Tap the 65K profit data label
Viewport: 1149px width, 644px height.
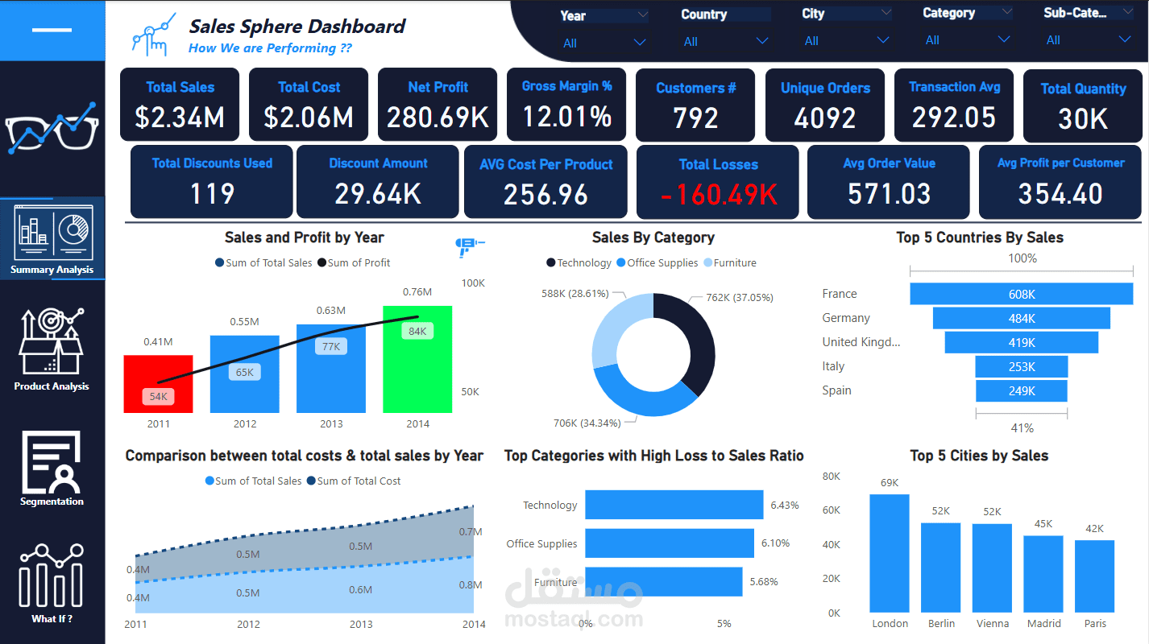(x=245, y=372)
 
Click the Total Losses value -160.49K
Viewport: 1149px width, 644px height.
(x=719, y=194)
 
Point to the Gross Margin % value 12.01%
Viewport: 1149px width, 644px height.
(x=566, y=118)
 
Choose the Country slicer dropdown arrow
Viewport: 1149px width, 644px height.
(x=761, y=41)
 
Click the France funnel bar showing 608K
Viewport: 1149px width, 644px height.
(x=1021, y=294)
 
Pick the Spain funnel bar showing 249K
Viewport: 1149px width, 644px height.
(x=1021, y=391)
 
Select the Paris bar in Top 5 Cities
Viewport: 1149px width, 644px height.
(x=1094, y=576)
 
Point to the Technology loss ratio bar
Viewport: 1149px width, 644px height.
(x=674, y=505)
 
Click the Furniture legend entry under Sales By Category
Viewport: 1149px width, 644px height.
(x=730, y=263)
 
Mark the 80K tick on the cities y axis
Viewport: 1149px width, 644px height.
(x=831, y=477)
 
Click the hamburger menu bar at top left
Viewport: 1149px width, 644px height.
(x=52, y=30)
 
